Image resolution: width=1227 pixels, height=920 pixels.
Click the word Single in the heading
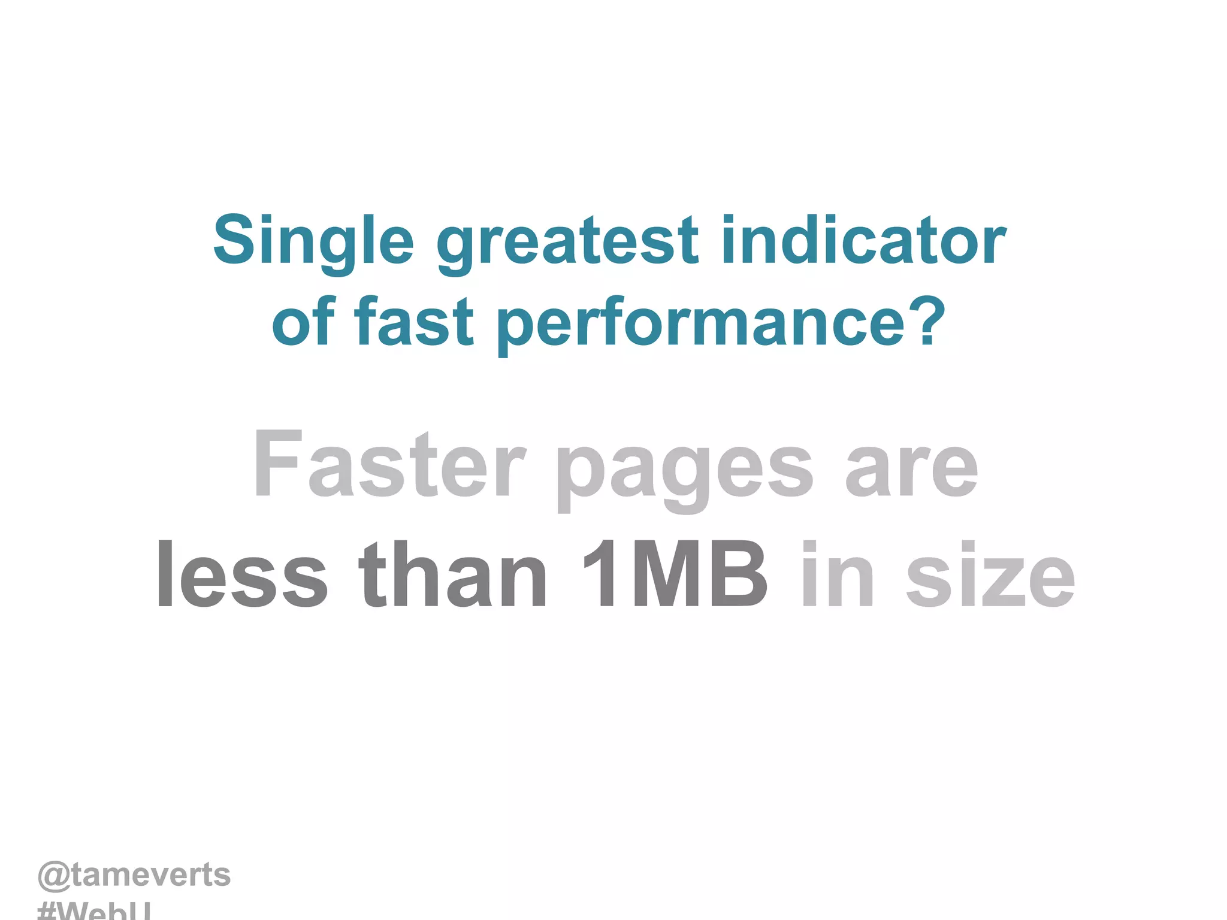313,241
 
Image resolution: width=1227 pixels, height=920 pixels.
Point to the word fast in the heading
414,322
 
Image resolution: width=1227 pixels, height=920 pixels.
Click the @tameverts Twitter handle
134,875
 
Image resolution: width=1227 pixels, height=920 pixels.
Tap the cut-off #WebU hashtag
94,912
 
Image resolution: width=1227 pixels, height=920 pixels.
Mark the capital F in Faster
276,464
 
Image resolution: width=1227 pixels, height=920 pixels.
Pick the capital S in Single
234,240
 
